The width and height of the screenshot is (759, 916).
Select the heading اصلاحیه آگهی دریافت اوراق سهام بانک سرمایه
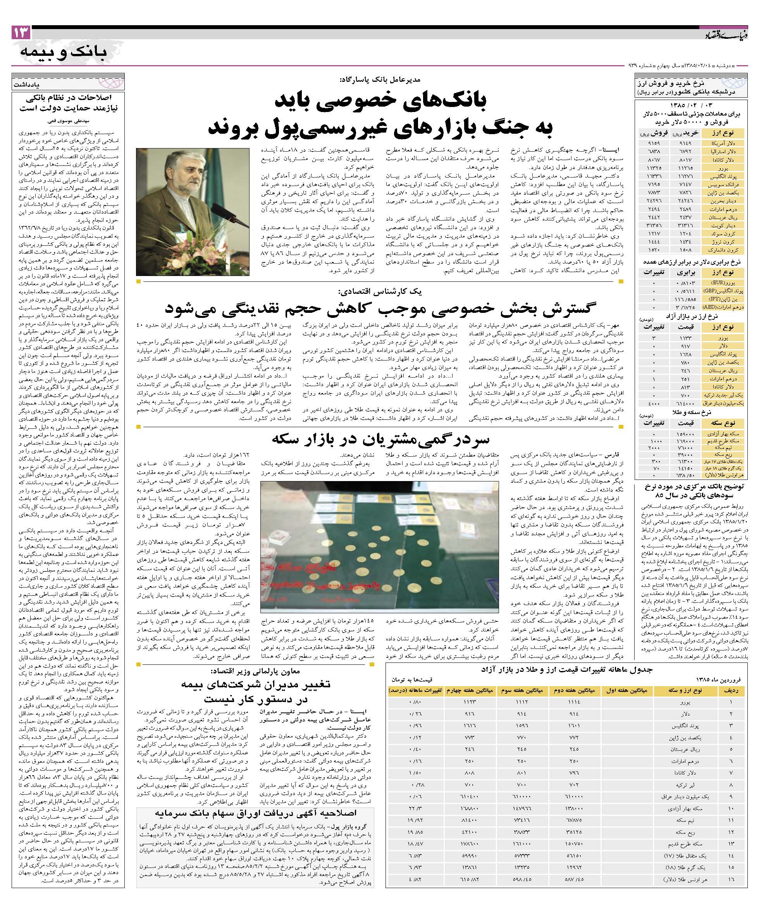256,812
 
